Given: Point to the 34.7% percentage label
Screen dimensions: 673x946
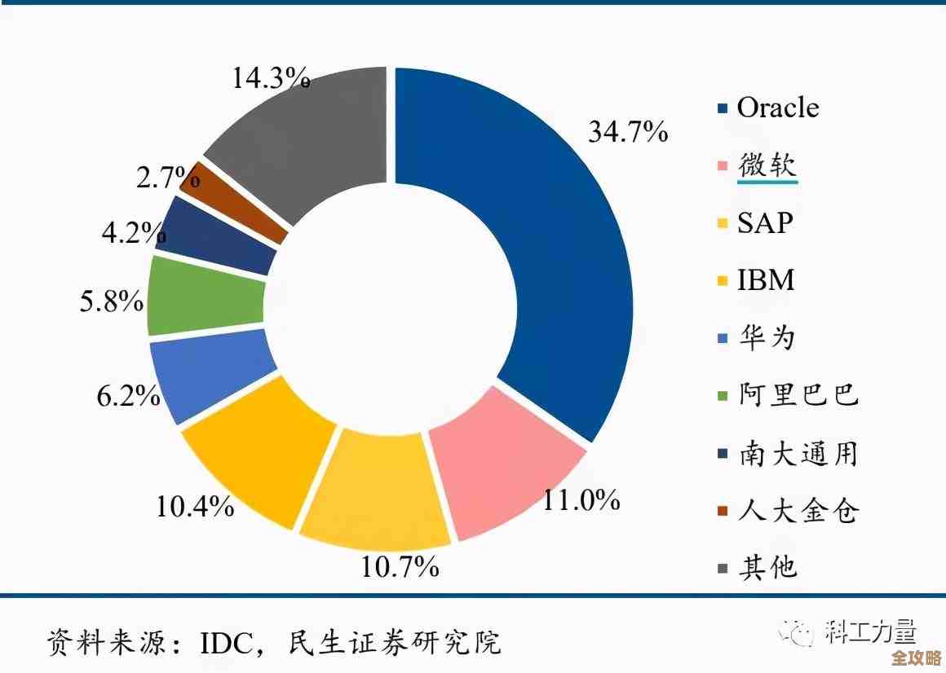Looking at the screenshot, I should tap(628, 131).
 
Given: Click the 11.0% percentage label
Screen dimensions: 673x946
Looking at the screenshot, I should tap(581, 500).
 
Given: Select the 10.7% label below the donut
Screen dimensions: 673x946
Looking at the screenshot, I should tap(400, 565).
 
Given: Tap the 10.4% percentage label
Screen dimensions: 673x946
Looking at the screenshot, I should tap(196, 507).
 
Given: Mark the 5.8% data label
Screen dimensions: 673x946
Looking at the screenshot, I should tap(112, 302).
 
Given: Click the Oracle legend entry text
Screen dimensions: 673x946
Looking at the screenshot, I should tap(777, 108).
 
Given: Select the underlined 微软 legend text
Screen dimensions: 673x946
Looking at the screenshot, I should tap(767, 165).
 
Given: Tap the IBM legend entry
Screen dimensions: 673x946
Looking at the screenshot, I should tap(765, 280).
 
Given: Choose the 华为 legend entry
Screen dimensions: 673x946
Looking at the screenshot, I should tap(766, 338).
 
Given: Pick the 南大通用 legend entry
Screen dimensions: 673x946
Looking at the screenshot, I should tap(798, 453).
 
